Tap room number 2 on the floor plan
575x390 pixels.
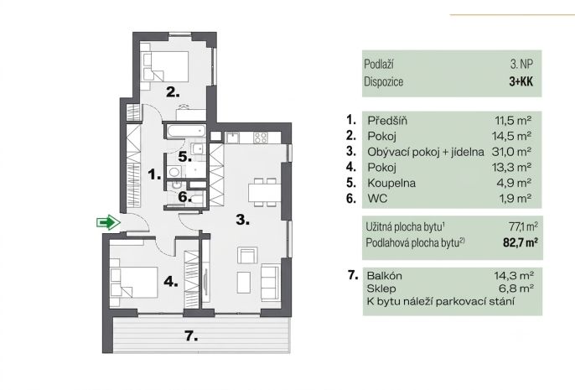[173, 91]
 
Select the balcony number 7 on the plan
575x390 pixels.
[191, 335]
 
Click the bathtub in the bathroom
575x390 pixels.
[185, 131]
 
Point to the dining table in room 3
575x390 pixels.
[265, 192]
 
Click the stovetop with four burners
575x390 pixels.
[261, 138]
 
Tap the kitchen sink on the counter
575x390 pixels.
[232, 138]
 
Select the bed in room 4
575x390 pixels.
[134, 282]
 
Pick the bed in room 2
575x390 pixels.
[165, 66]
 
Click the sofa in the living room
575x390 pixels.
[270, 282]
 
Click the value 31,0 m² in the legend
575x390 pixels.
[511, 152]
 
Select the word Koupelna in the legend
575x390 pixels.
[391, 183]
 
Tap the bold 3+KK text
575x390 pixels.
[521, 81]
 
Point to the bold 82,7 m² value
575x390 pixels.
[521, 242]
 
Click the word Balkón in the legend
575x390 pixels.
[384, 276]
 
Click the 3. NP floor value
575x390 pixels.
[521, 64]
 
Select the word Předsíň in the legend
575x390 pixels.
[387, 120]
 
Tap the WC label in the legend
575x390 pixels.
[377, 199]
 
